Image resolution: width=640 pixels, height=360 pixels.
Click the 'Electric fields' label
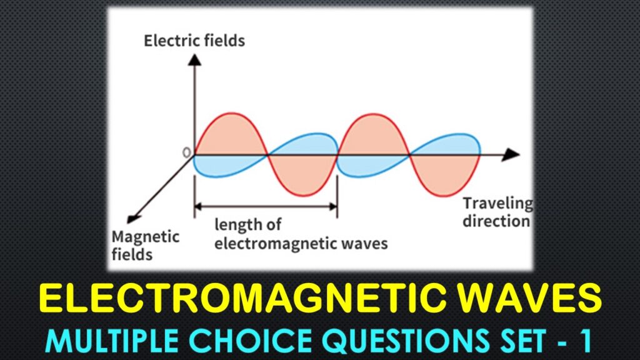coord(194,41)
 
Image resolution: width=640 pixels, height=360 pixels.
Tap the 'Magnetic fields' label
coord(145,246)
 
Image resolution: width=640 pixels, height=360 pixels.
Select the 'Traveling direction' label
coord(497,212)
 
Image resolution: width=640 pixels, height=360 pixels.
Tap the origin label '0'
coord(186,152)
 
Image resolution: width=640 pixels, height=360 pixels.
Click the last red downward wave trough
coord(445,174)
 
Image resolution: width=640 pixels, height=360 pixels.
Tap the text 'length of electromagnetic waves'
coord(301,233)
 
